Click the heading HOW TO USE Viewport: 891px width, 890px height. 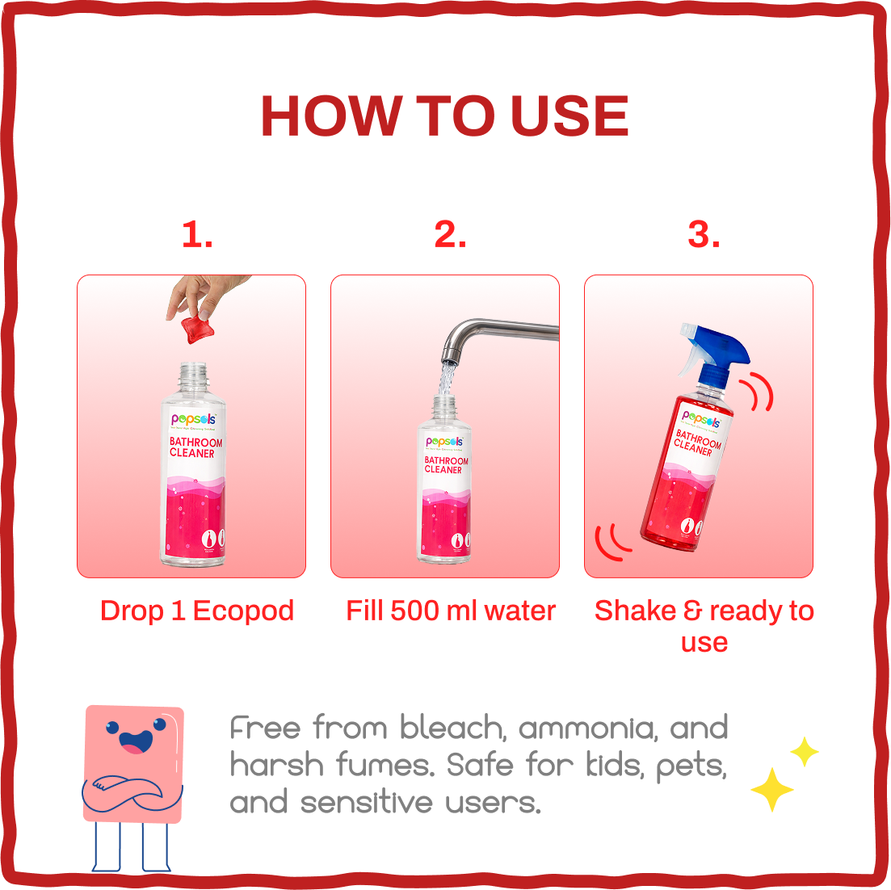point(444,116)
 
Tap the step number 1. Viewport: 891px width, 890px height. point(197,235)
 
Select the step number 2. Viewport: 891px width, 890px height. point(450,235)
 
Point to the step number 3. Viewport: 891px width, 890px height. point(704,235)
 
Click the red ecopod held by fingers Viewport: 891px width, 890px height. point(196,329)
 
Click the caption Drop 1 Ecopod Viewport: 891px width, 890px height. point(197,611)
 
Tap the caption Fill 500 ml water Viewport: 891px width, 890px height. point(451,611)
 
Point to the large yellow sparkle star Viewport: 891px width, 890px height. point(771,789)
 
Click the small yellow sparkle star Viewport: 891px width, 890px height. point(804,752)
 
